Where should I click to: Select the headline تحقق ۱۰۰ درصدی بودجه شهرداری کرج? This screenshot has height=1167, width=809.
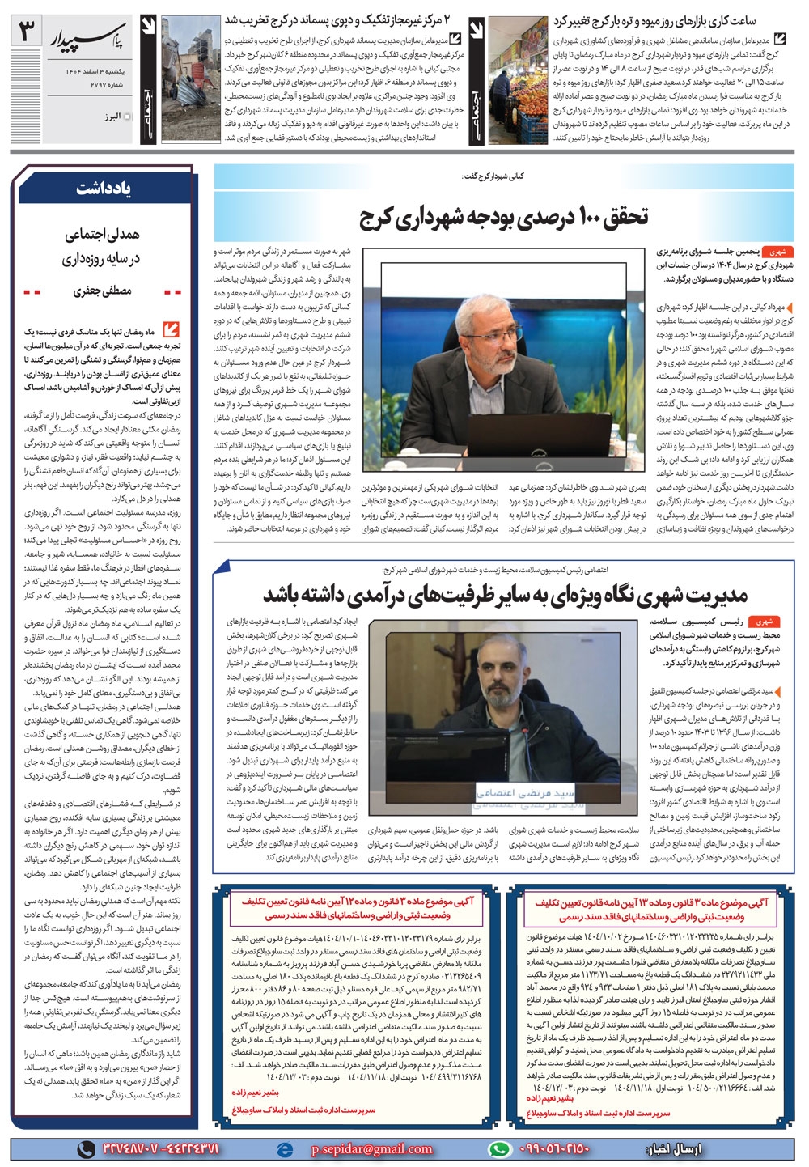click(504, 217)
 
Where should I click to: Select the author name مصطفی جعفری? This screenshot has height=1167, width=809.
click(102, 290)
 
